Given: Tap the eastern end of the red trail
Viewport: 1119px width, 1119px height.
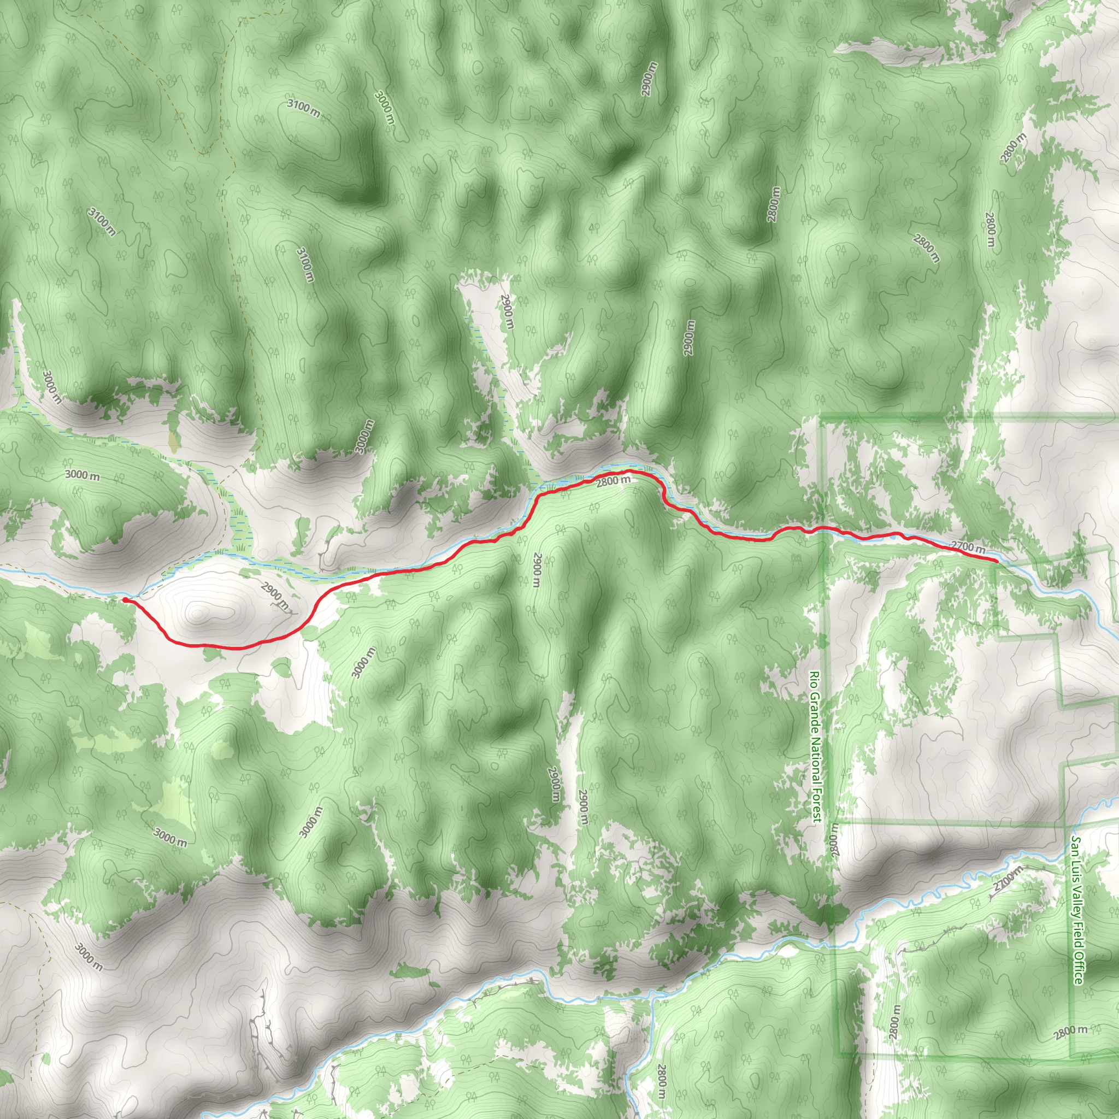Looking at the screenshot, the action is pyautogui.click(x=995, y=561).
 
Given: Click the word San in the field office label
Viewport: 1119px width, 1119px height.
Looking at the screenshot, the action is pyautogui.click(x=1075, y=843).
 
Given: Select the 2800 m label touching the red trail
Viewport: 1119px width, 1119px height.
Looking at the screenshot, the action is pyautogui.click(x=614, y=480).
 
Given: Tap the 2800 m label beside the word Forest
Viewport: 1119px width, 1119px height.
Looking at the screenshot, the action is pyautogui.click(x=833, y=841).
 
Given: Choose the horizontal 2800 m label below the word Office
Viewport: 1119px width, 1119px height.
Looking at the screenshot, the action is pyautogui.click(x=1071, y=1030).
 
